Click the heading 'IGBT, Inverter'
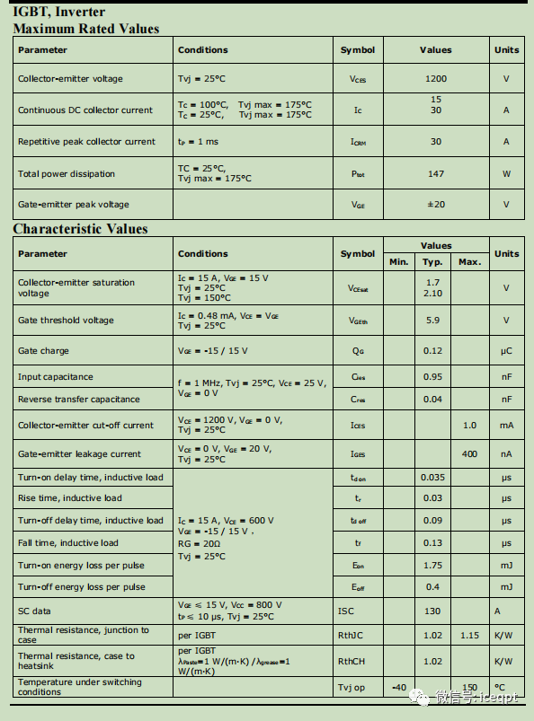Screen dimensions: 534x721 tap(59, 12)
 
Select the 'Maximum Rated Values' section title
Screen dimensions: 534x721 tap(86, 28)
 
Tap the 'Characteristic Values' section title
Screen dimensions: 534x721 tap(80, 229)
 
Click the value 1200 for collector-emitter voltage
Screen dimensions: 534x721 tap(435, 79)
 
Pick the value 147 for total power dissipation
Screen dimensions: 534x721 tap(435, 173)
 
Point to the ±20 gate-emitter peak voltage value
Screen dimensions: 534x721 tap(435, 205)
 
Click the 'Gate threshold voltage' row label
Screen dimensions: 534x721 tap(66, 320)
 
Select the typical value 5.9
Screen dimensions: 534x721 tap(432, 320)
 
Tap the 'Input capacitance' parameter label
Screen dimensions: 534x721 tap(56, 377)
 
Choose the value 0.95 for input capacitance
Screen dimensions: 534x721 tap(432, 377)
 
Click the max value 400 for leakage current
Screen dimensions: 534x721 tap(469, 454)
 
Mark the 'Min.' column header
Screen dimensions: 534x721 tap(398, 261)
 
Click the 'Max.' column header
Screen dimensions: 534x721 tap(469, 261)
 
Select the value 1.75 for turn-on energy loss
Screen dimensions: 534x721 tap(432, 565)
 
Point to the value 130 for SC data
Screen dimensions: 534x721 tap(432, 611)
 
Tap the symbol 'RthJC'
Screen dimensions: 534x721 tap(351, 636)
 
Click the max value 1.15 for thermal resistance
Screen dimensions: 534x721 tap(469, 636)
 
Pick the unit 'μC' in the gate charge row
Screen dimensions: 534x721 tap(506, 351)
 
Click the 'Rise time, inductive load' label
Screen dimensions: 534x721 tap(70, 498)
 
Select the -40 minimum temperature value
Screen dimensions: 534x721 tap(399, 688)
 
